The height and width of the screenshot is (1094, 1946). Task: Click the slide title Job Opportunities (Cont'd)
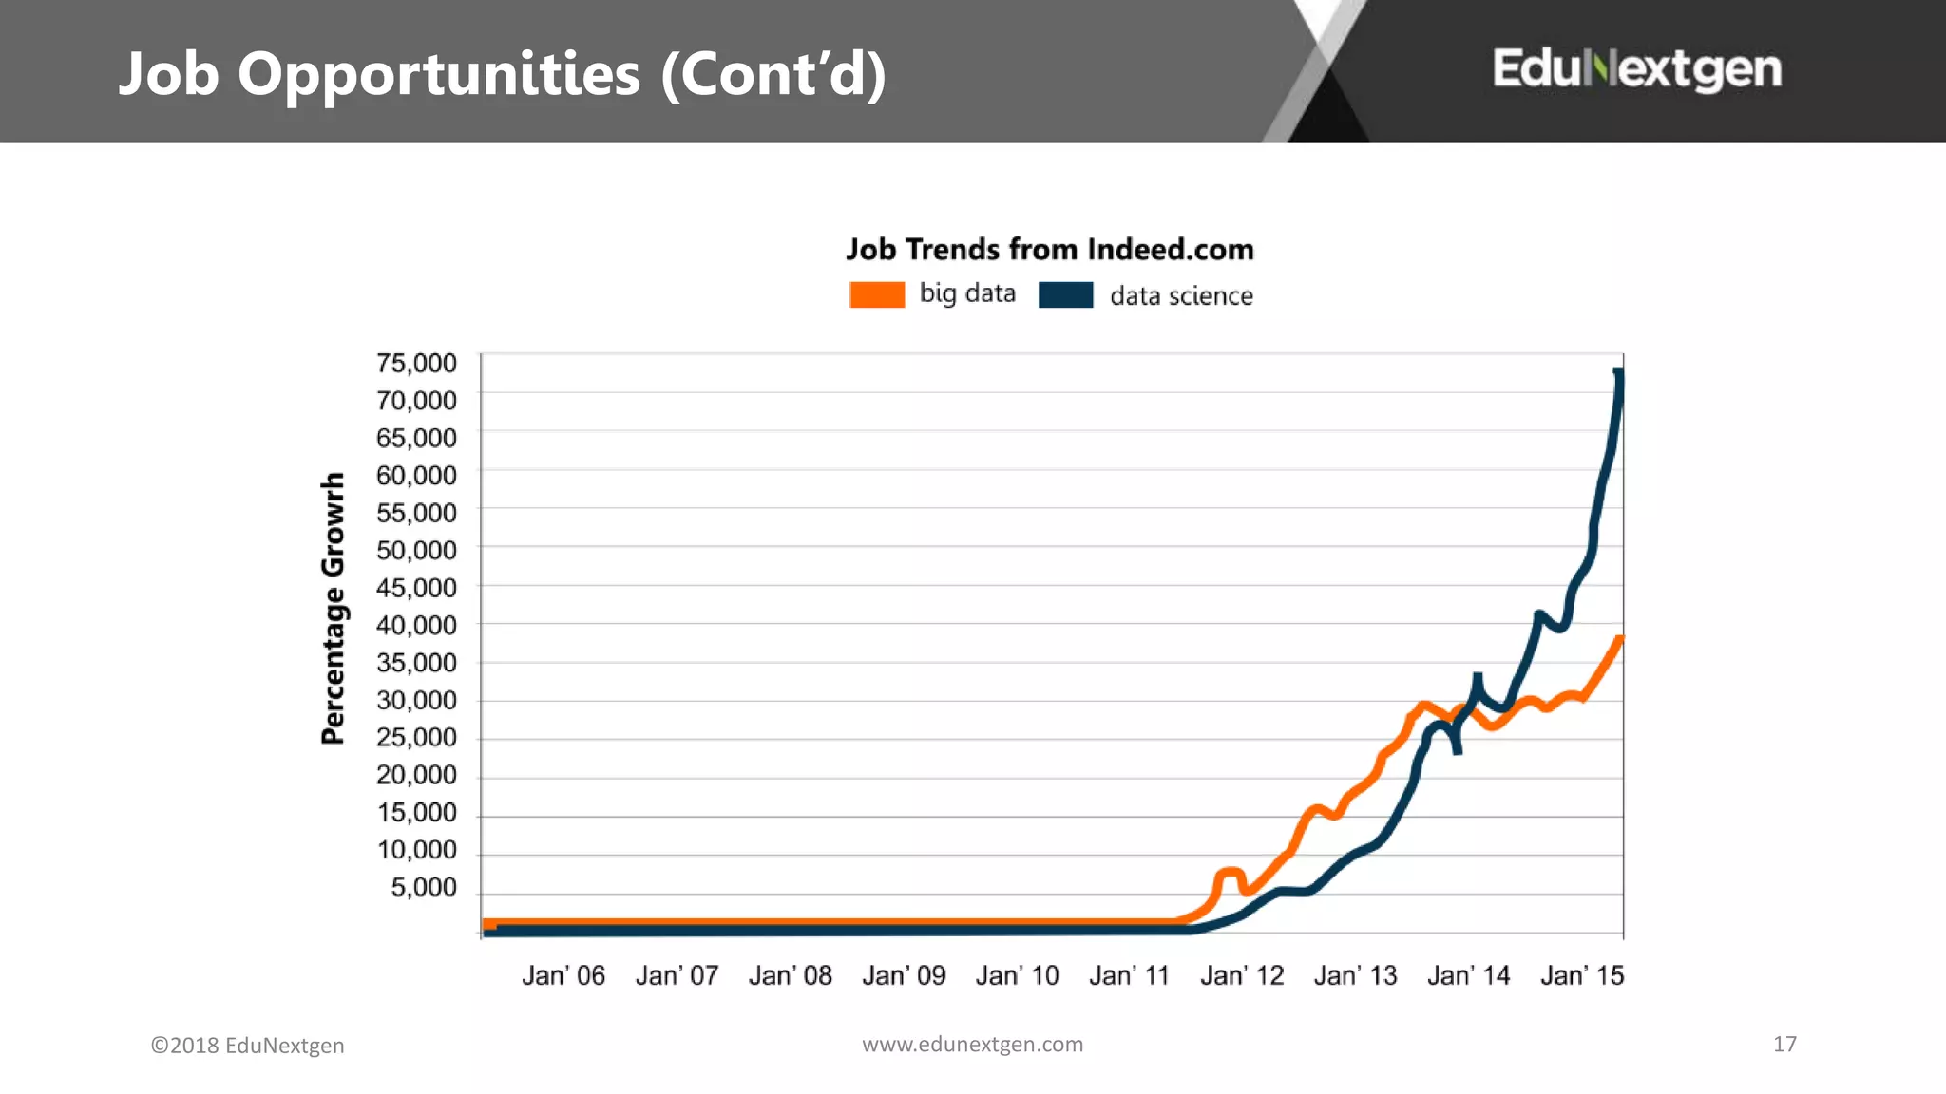502,74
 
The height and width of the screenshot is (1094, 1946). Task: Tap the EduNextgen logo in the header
1636,69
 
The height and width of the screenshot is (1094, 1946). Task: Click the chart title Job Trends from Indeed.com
1049,249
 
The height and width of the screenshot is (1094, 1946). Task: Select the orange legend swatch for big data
876,294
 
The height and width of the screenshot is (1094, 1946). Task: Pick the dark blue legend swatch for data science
1065,294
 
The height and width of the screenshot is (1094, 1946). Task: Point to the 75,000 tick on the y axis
416,363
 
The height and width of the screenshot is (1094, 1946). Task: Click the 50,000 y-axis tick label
416,550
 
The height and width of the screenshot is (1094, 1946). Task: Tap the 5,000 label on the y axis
423,887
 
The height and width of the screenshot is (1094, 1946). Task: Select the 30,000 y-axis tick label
416,700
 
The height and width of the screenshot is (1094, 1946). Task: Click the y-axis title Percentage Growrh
333,608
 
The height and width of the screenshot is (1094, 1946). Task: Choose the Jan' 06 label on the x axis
563,975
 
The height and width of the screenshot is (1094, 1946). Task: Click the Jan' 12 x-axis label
1241,975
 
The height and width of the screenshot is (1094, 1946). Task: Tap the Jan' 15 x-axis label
1581,975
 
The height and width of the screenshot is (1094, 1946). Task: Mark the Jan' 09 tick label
903,975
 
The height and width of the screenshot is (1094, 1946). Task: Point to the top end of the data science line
1618,373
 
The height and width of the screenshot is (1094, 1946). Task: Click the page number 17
1784,1044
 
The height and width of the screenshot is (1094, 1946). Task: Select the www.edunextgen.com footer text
972,1044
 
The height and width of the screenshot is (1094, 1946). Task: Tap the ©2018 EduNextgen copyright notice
247,1045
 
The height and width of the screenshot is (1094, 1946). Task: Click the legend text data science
1180,296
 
